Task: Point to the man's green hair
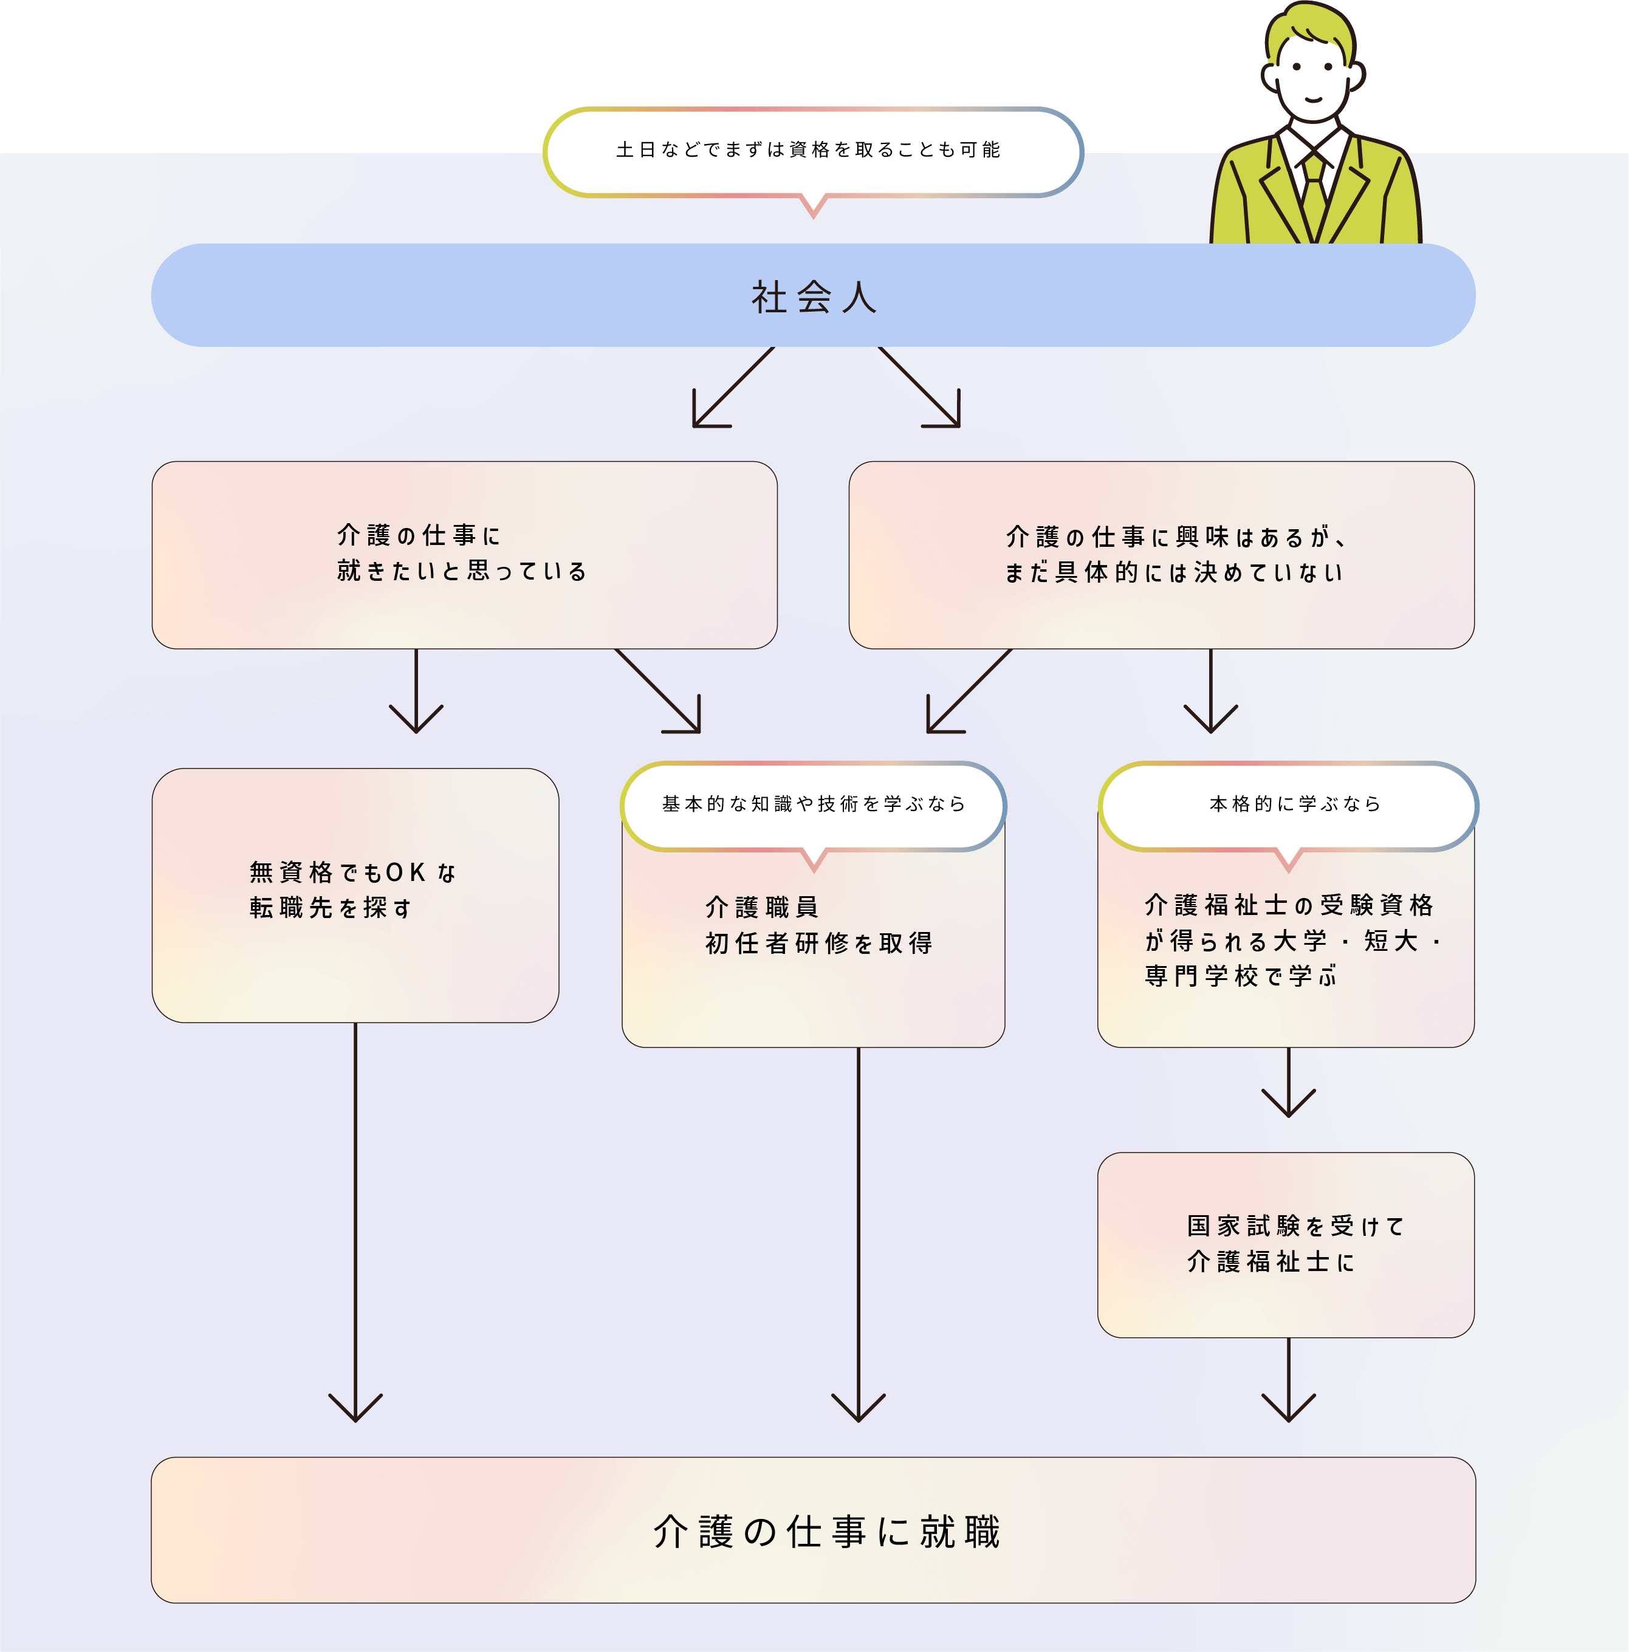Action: [x=1308, y=26]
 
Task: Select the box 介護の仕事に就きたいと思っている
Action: [x=464, y=554]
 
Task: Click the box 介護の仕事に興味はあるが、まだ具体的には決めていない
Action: [x=1161, y=554]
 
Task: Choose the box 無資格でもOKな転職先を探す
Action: [x=355, y=894]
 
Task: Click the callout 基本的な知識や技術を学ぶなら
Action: [x=813, y=804]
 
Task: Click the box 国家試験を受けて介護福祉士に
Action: [x=1286, y=1244]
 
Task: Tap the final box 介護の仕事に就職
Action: [x=813, y=1530]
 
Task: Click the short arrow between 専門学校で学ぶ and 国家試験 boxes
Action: [x=1289, y=1086]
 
